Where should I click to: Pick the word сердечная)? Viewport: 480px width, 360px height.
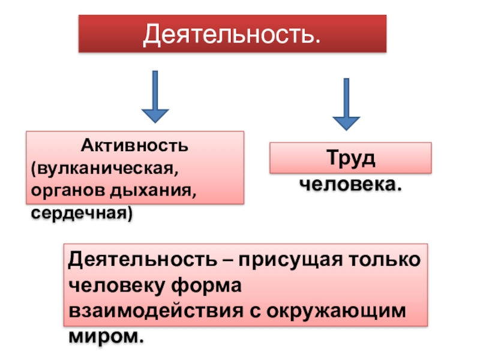tap(82, 212)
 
